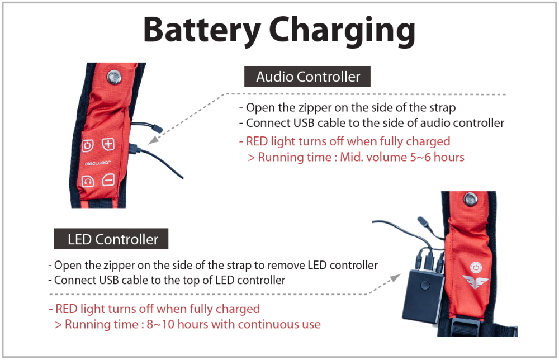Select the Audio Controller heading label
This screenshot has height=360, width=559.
point(308,77)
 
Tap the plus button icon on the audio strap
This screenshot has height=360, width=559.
point(108,145)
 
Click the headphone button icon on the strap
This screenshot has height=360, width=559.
point(88,181)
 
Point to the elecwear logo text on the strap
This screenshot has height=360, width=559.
point(97,164)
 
